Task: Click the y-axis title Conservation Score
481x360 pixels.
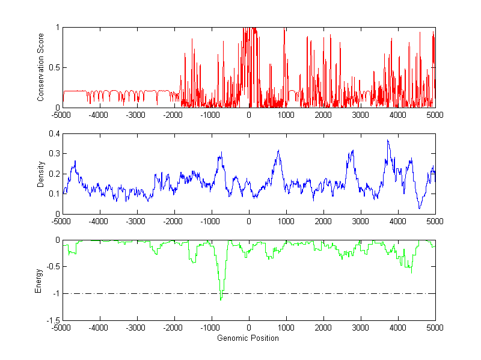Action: [41, 67]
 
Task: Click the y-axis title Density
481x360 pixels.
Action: [41, 174]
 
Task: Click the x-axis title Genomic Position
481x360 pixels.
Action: [249, 338]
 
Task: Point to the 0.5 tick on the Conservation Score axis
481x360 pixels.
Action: [55, 67]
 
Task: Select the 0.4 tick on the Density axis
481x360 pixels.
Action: [55, 134]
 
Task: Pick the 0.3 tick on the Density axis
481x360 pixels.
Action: [55, 154]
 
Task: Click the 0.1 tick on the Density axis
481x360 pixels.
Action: [55, 194]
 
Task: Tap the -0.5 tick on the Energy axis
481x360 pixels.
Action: [53, 267]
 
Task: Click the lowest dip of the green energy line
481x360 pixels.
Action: [221, 299]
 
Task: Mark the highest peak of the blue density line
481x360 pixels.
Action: [388, 140]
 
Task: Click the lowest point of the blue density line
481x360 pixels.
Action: [420, 209]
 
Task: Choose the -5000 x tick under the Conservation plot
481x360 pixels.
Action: [63, 114]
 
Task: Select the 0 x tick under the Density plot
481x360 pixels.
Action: [249, 221]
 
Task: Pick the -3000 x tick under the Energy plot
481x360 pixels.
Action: [136, 328]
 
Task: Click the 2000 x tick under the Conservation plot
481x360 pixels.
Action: [323, 114]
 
